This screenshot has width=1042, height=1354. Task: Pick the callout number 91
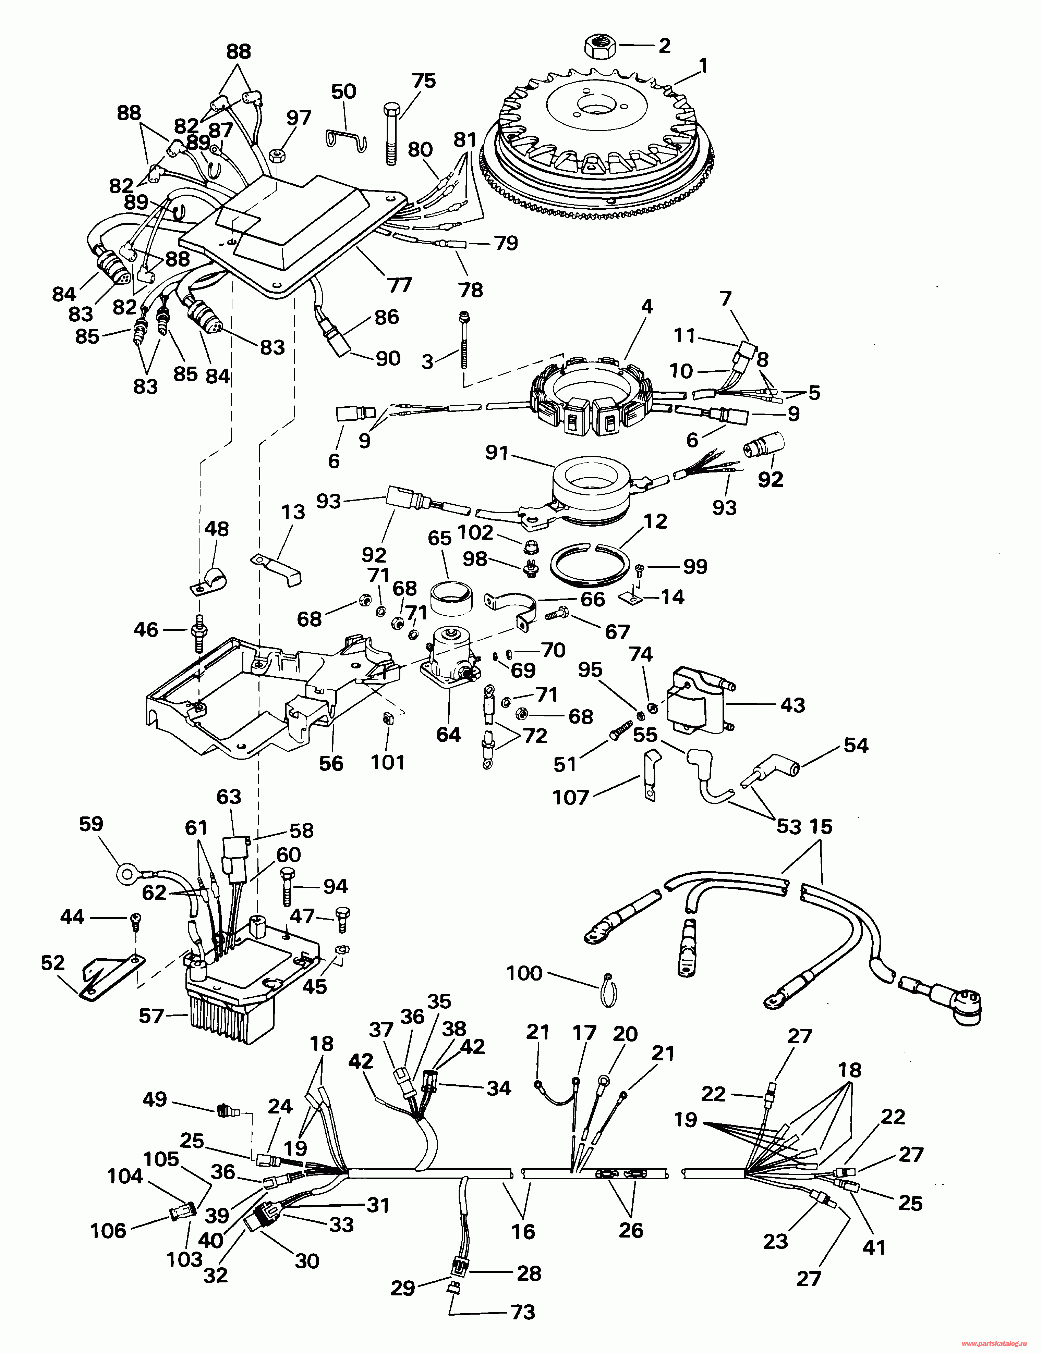click(496, 453)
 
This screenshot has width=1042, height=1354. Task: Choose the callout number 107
click(570, 797)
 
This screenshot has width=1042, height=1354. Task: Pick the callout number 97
click(299, 116)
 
